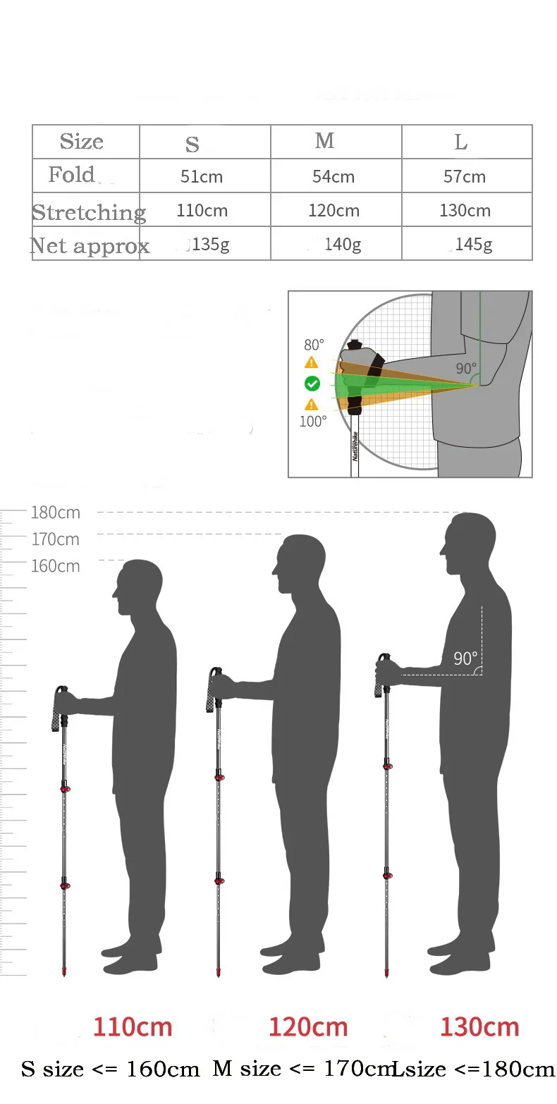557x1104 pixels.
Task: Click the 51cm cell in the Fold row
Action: click(x=202, y=176)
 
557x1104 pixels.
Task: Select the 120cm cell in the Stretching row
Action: click(x=333, y=210)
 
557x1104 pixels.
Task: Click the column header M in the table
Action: click(x=324, y=141)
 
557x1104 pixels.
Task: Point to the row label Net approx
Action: click(x=90, y=245)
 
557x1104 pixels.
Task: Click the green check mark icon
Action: click(x=312, y=384)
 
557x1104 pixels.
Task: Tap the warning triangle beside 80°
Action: click(x=311, y=362)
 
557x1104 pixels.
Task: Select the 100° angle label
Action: click(x=314, y=422)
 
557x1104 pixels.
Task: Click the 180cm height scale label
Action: click(x=56, y=513)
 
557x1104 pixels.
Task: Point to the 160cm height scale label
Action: click(x=56, y=566)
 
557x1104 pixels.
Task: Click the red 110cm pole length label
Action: click(x=133, y=1027)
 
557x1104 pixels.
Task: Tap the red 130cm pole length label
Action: click(x=479, y=1027)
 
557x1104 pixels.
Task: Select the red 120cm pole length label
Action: click(x=308, y=1027)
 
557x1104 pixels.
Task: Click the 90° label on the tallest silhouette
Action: click(x=465, y=658)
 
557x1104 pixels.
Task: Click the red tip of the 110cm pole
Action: click(x=65, y=973)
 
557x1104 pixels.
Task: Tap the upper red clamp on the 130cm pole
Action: click(x=387, y=766)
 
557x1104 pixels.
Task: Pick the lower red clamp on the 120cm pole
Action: click(x=219, y=881)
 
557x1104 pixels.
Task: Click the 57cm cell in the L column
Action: click(x=465, y=176)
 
